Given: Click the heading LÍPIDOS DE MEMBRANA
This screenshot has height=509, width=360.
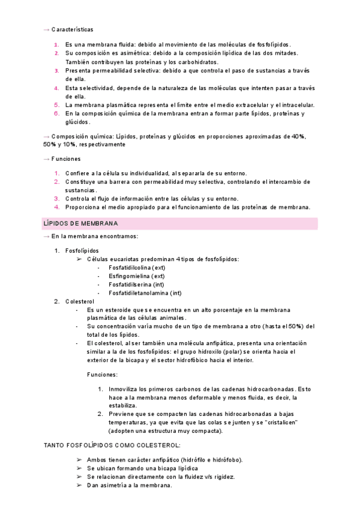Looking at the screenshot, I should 80,223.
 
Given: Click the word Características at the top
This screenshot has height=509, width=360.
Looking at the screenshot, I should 72,29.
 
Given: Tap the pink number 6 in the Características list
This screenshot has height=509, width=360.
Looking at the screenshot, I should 55,113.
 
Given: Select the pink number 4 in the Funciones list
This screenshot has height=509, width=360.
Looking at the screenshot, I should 55,207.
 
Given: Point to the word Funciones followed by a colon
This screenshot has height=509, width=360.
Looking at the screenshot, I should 103,373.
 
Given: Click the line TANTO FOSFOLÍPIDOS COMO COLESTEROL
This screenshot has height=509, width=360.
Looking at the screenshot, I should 112,445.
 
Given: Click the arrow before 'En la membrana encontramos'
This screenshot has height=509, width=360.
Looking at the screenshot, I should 47,236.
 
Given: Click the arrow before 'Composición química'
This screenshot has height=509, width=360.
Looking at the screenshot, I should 47,136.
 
